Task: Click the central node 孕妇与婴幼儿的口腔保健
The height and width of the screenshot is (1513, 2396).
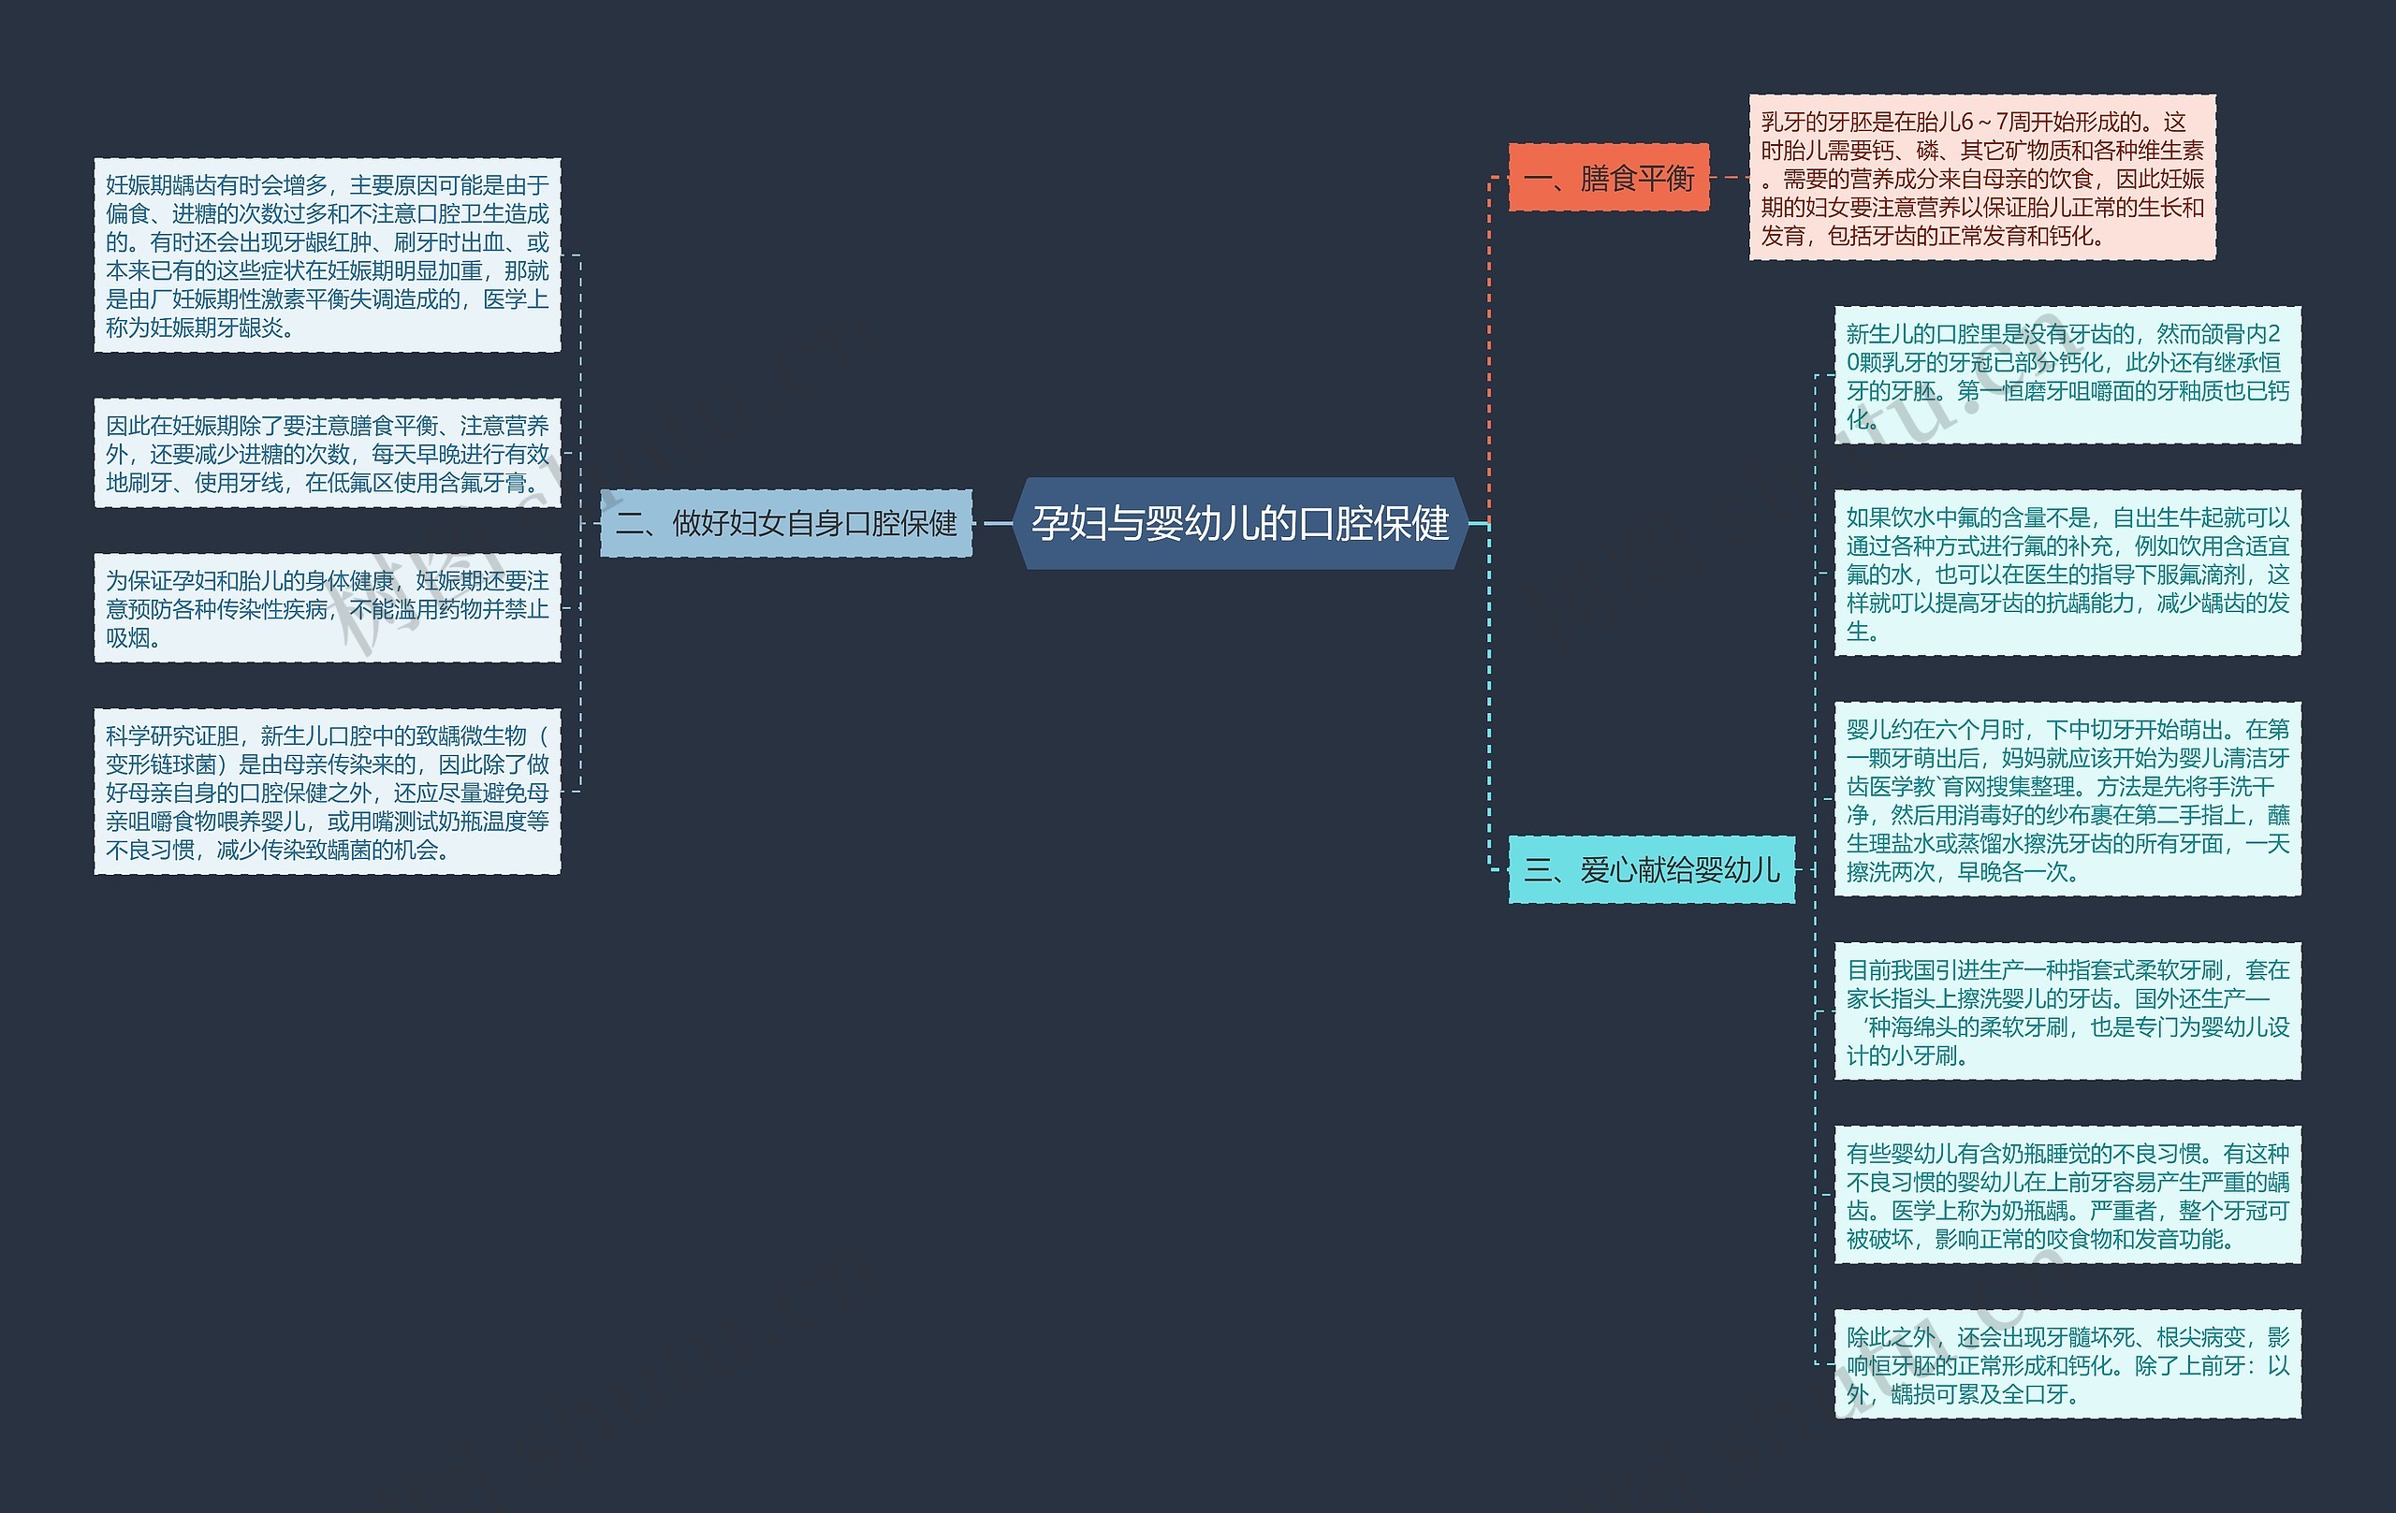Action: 1240,523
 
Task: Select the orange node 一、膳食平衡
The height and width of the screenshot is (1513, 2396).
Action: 1608,178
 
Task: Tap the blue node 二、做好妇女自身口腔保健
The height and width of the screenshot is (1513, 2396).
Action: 785,523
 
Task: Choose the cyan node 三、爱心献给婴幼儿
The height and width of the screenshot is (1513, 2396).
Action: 1651,870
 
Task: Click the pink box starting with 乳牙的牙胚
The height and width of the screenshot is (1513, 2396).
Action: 1981,178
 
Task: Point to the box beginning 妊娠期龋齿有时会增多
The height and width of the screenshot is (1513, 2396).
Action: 328,255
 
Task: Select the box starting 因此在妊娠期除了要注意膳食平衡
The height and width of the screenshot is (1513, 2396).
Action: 328,454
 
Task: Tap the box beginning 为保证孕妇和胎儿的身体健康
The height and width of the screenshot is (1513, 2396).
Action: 328,608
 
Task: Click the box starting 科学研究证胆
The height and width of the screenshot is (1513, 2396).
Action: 328,792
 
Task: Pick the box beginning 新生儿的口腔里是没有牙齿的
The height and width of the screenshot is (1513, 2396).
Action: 2067,376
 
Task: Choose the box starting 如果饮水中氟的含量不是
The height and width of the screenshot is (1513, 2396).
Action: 2067,573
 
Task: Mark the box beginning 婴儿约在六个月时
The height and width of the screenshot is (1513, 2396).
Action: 2067,800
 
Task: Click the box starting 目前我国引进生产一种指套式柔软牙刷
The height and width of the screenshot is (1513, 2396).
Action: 2067,1011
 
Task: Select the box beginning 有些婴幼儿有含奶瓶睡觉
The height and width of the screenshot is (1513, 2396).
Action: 2067,1196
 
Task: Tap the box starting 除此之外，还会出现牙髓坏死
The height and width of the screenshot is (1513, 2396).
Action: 2067,1365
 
